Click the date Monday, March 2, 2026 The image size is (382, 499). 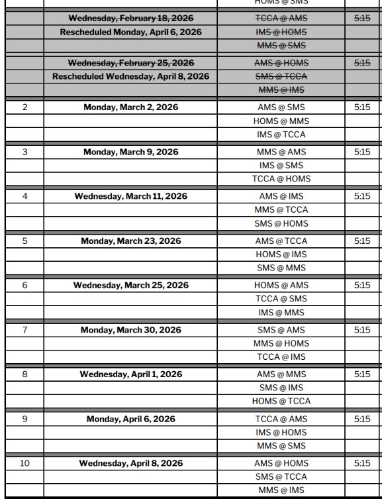click(130, 107)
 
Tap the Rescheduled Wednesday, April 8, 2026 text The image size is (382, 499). click(130, 76)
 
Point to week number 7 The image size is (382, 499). click(25, 330)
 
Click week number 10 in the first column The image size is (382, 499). click(25, 463)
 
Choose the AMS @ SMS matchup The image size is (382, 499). click(281, 107)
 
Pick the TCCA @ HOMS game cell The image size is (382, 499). click(281, 179)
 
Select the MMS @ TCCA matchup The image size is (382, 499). click(281, 210)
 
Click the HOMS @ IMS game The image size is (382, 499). click(281, 254)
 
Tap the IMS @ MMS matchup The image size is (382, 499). click(281, 313)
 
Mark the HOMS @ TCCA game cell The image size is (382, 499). click(281, 402)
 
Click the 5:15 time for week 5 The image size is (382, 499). click(362, 241)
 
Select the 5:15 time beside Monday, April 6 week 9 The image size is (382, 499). click(362, 419)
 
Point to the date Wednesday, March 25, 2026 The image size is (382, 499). click(130, 286)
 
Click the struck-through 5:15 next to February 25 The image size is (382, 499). click(362, 63)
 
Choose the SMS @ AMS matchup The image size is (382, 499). click(281, 330)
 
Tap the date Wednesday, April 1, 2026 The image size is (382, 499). click(130, 374)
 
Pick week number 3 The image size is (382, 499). click(25, 152)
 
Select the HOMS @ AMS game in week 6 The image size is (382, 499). click(281, 286)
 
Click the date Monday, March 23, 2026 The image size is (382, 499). click(130, 241)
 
